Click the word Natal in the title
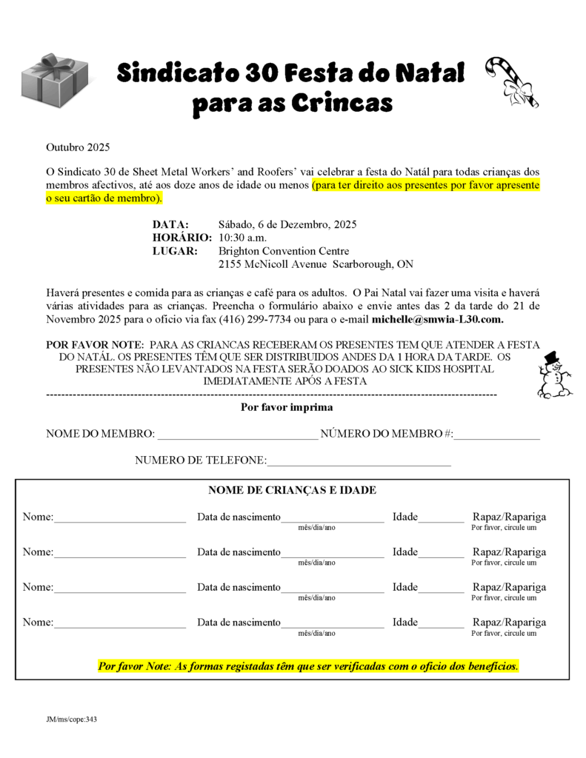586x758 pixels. point(429,73)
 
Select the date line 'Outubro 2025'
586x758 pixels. point(78,147)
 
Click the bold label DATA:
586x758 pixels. point(171,224)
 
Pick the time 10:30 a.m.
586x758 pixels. point(242,238)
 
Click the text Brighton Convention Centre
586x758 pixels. point(284,251)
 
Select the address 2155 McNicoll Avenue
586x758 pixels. point(273,264)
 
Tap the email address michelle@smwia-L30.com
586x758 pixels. point(438,320)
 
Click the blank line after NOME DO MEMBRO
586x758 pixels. point(238,435)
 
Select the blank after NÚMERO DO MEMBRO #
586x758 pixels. point(497,435)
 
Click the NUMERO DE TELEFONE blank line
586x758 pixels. point(359,462)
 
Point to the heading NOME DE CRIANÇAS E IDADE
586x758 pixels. point(292,490)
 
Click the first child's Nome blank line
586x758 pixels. point(120,518)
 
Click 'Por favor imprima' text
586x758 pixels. point(287,407)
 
